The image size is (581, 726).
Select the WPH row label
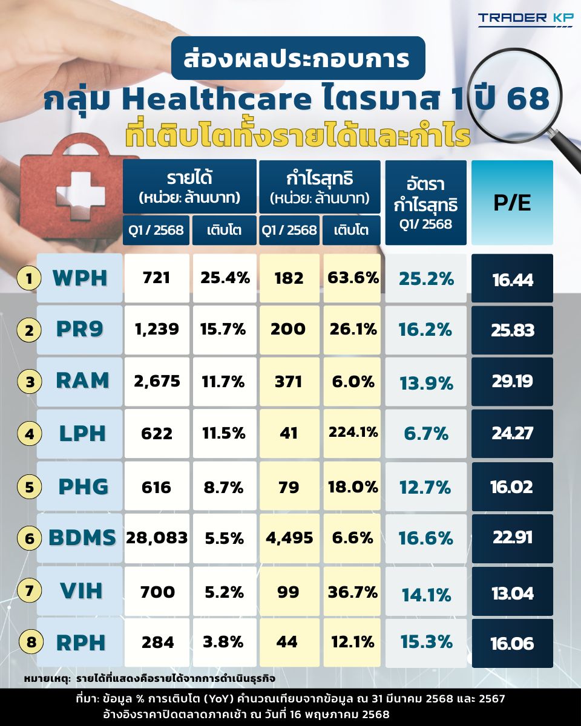coord(79,278)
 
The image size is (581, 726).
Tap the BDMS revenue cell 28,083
coord(157,538)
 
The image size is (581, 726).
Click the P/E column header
coord(512,203)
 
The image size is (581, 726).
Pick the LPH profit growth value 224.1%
coord(353,433)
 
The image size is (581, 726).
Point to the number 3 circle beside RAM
coord(28,382)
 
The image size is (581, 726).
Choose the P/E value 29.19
coord(512,382)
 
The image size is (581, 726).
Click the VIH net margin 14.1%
coord(426,594)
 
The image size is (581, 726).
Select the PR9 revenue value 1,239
coord(157,330)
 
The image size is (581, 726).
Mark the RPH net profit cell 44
coord(289,642)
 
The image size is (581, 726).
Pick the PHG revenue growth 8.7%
coord(224,486)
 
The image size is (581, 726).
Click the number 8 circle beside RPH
coord(28,643)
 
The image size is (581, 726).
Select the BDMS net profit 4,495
coord(289,538)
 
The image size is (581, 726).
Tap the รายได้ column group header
coord(189,186)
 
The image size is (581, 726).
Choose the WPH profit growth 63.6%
coord(353,278)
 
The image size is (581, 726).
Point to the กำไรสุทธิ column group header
coord(320,186)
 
